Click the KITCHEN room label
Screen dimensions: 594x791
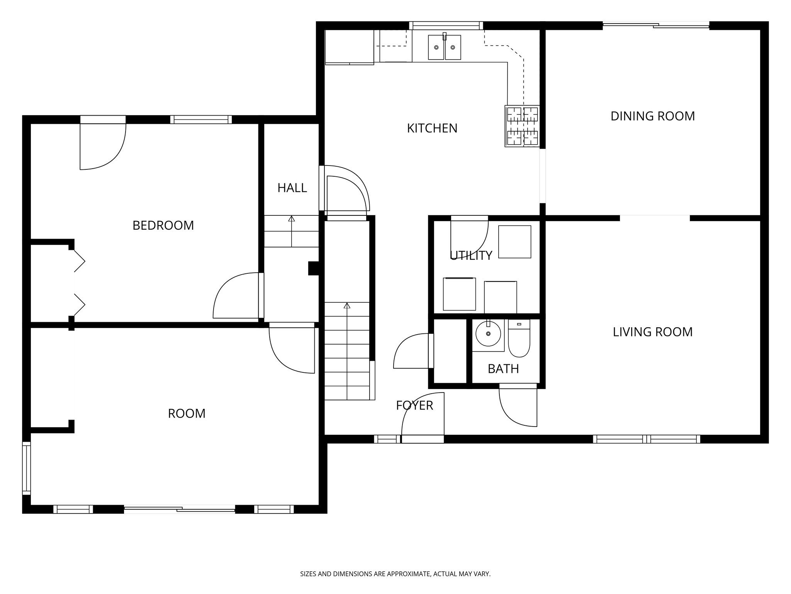point(432,128)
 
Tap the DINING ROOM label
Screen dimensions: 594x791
point(652,116)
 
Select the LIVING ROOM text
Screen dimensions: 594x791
point(652,332)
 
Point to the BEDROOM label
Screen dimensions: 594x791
point(163,225)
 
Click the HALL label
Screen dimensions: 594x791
point(292,188)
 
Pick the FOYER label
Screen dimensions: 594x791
point(414,405)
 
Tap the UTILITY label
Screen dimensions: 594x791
point(471,255)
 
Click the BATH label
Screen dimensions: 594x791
point(503,369)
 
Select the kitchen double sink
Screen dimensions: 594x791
point(444,47)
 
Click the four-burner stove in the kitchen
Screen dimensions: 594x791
point(522,126)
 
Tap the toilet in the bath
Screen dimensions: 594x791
point(519,338)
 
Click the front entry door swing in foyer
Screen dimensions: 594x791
point(421,416)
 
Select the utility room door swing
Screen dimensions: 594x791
point(468,236)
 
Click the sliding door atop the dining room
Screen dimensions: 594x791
point(656,26)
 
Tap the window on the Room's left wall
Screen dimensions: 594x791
point(26,468)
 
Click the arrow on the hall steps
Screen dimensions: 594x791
point(292,219)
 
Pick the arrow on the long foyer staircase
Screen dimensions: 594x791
point(347,306)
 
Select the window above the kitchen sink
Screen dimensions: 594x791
point(446,26)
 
